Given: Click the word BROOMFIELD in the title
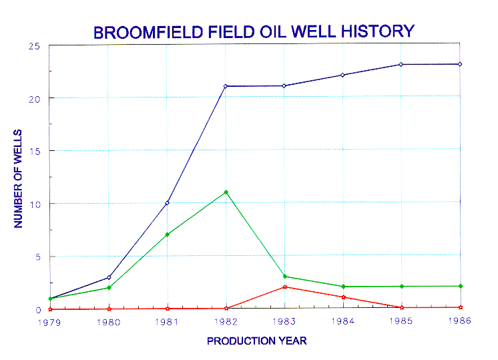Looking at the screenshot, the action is coord(148,32).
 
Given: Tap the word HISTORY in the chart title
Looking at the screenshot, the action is coord(378,31).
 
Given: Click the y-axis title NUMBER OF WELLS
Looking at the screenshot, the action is coord(18,178).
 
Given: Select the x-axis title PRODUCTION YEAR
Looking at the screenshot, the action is coord(256,341).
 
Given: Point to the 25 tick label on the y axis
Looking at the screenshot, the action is coord(34,46).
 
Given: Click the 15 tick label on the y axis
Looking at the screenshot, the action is coord(35,152).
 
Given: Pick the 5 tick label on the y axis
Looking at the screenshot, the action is coord(38,256).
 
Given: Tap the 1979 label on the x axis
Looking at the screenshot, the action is coord(49,323).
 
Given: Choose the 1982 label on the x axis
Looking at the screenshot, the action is coord(226,322).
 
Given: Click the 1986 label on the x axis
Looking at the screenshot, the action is coord(459,321).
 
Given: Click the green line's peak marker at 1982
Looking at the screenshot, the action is coord(226,192).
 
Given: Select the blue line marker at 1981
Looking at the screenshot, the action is coord(167,203).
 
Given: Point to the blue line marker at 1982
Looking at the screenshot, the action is coord(226,86).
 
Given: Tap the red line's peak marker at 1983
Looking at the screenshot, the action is coord(285,287).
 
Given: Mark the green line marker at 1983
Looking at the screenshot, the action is coord(285,277).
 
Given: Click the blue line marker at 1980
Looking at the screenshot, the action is coord(109,277).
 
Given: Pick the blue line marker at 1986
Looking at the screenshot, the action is coord(460,64).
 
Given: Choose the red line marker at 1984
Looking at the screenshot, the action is coord(343,297).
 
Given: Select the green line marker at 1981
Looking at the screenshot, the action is coord(168,234).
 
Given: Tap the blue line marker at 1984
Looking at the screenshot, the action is coord(342,75).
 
